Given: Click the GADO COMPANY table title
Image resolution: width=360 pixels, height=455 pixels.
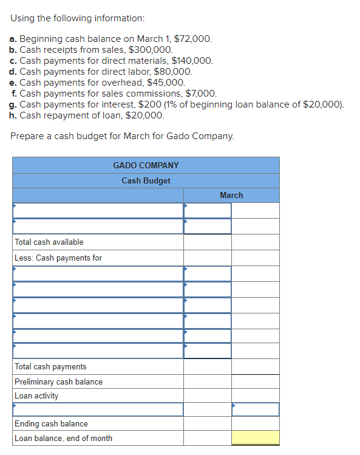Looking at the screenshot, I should pyautogui.click(x=146, y=165).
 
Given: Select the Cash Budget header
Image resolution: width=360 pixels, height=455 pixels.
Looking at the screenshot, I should pyautogui.click(x=146, y=180).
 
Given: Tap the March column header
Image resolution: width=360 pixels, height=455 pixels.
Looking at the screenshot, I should pyautogui.click(x=231, y=195).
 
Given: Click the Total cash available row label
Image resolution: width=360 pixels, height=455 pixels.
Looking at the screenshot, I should pyautogui.click(x=49, y=242).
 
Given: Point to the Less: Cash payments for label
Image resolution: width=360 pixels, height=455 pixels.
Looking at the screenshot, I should pyautogui.click(x=58, y=258).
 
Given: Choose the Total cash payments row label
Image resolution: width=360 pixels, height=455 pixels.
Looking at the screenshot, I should pyautogui.click(x=50, y=366).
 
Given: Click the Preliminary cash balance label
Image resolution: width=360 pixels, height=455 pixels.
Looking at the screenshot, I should pyautogui.click(x=58, y=381).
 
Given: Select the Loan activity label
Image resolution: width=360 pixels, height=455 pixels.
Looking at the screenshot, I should pyautogui.click(x=36, y=395).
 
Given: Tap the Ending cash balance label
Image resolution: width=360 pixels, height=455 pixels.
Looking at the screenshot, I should pyautogui.click(x=51, y=423).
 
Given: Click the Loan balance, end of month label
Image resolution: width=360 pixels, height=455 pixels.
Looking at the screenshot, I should pyautogui.click(x=63, y=438).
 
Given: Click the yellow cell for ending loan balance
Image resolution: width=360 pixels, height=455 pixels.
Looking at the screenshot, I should pyautogui.click(x=255, y=438).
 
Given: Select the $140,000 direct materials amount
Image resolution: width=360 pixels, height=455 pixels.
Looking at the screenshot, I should pyautogui.click(x=192, y=61).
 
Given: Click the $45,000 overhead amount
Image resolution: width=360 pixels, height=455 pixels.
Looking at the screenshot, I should pyautogui.click(x=166, y=83).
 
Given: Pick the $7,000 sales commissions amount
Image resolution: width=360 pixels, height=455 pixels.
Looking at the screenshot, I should pyautogui.click(x=199, y=94).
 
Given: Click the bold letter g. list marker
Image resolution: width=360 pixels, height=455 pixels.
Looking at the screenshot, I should pyautogui.click(x=13, y=104).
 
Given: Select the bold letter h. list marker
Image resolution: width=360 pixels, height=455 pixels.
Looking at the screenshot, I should pyautogui.click(x=13, y=115).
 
